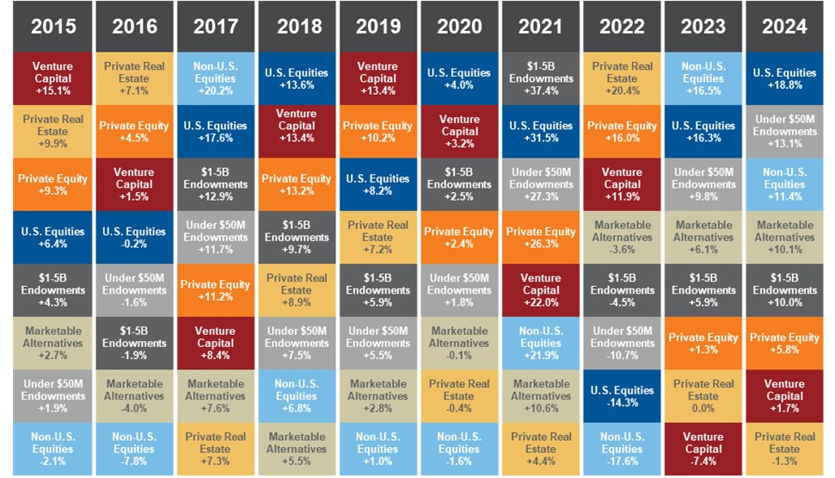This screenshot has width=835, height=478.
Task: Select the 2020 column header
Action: [x=459, y=26]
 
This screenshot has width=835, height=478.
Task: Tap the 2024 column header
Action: [x=784, y=26]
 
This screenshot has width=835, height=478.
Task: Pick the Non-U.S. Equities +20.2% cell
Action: [x=216, y=78]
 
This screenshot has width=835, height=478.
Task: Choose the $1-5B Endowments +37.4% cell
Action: [x=541, y=78]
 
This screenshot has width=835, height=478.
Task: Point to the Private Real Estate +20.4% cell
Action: [x=622, y=78]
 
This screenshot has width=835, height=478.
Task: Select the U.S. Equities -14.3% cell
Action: [x=622, y=396]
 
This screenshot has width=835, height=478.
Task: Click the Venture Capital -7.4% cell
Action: [x=703, y=449]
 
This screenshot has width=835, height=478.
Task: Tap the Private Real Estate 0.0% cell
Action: [x=703, y=396]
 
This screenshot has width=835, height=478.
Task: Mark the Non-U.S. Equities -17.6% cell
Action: [x=622, y=449]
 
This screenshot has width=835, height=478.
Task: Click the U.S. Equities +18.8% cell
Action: [x=784, y=78]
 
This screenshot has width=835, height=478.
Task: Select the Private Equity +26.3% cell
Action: [x=541, y=237]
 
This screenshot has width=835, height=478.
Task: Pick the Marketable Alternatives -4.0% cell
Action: [x=134, y=396]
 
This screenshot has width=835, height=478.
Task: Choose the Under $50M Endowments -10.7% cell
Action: [x=622, y=343]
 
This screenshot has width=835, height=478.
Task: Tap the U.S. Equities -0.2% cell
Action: [x=134, y=237]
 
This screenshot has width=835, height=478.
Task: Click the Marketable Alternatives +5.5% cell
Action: [x=297, y=449]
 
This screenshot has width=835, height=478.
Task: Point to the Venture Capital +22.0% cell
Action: [x=541, y=290]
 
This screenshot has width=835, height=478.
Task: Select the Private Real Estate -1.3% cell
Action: [x=784, y=449]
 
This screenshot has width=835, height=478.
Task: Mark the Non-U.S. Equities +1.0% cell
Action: [x=378, y=449]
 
